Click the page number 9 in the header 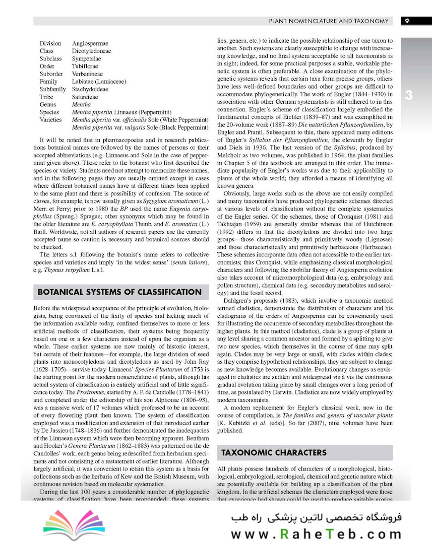pyautogui.click(x=407, y=21)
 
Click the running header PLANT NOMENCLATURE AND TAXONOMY pyautogui.click(x=329, y=21)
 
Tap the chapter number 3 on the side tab pyautogui.click(x=409, y=95)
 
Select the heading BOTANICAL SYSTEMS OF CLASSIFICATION pyautogui.click(x=119, y=292)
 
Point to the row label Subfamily pyautogui.click(x=53, y=89)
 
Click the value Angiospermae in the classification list pyautogui.click(x=90, y=43)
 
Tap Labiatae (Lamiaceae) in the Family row pyautogui.click(x=99, y=81)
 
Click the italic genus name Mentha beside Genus pyautogui.click(x=82, y=104)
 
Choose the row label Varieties pyautogui.click(x=51, y=119)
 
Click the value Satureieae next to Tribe pyautogui.click(x=85, y=97)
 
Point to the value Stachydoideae pyautogui.click(x=90, y=89)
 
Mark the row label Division pyautogui.click(x=50, y=43)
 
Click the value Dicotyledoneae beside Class pyautogui.click(x=92, y=51)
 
